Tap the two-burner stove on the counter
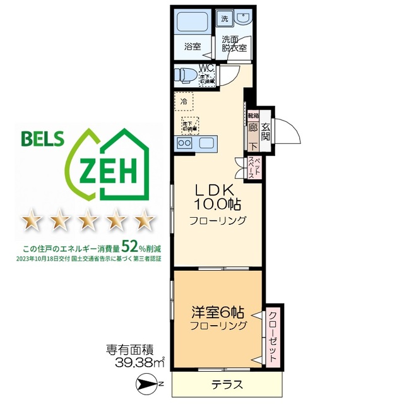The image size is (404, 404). pos(185,143)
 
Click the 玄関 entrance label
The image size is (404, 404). pos(266,131)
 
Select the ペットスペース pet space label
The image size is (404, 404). pos(251,167)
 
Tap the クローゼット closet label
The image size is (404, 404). pos(272,334)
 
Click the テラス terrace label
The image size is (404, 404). pos(225,384)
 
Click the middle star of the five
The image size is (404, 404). pos(88,222)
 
